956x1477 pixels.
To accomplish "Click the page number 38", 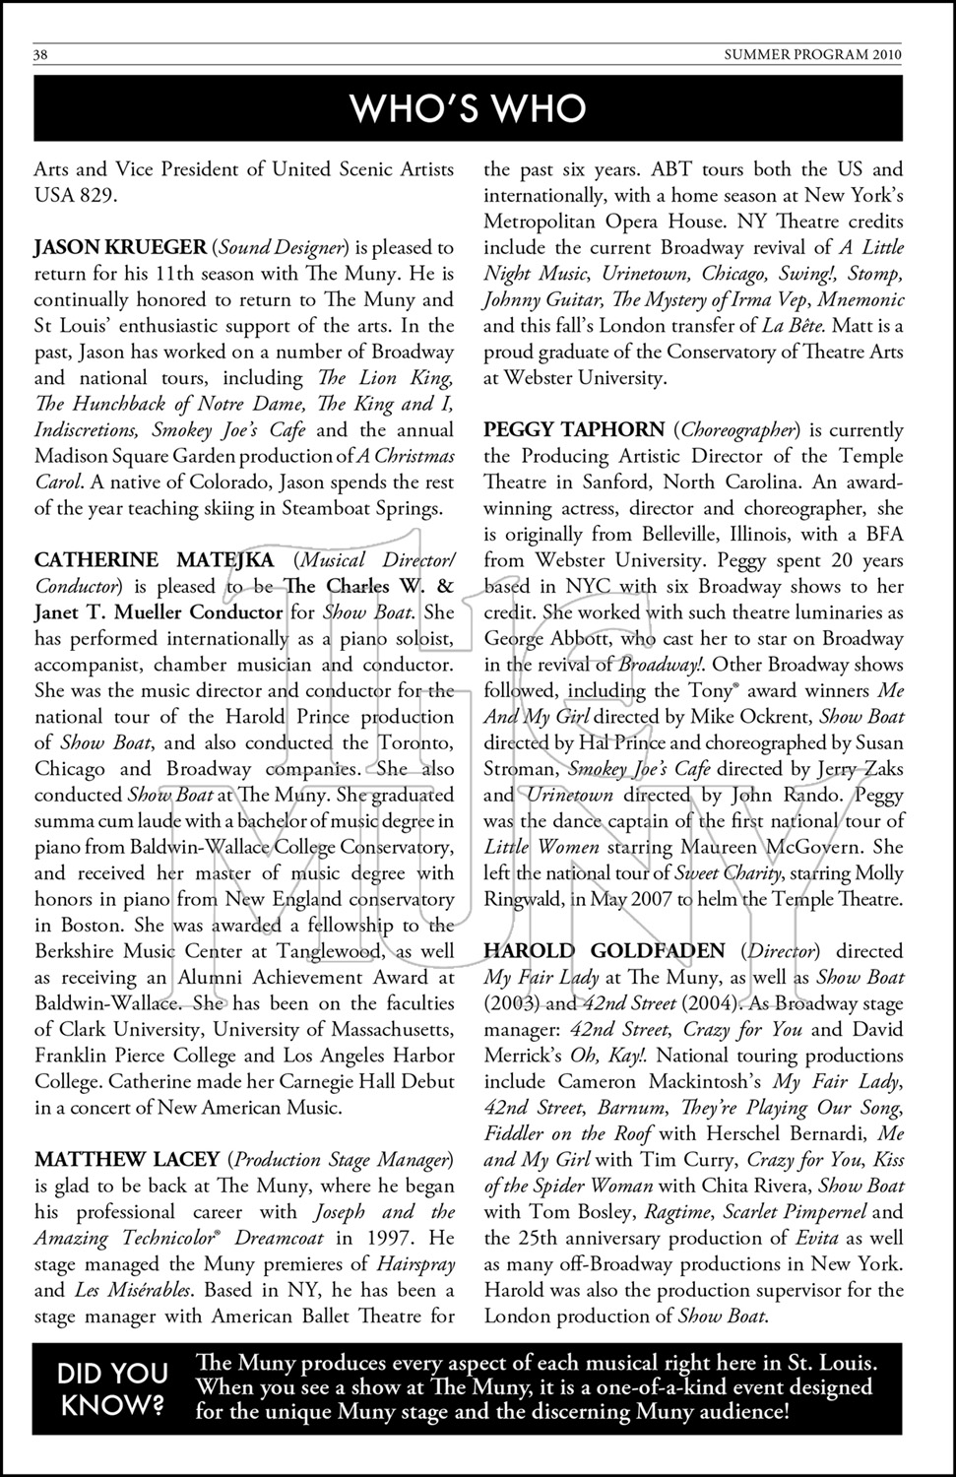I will (x=41, y=55).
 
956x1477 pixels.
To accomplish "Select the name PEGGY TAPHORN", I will (x=574, y=430).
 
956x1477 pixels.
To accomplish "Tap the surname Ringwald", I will (x=528, y=899).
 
